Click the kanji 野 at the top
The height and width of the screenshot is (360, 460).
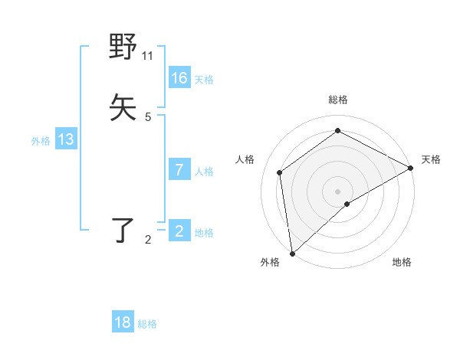(123, 48)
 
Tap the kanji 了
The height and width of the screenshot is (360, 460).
(123, 231)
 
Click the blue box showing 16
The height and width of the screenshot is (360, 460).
(179, 78)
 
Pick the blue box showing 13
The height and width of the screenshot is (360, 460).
(66, 139)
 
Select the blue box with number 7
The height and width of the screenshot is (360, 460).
(179, 170)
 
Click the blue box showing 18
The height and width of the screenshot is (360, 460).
(123, 322)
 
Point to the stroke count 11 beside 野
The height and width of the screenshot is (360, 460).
(148, 56)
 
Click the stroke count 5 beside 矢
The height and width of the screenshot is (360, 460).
(148, 117)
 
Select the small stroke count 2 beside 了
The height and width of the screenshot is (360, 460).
(148, 240)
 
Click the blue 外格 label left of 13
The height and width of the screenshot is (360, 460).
(41, 141)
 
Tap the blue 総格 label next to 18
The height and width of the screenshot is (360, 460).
(147, 324)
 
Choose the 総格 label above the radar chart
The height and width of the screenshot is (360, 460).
(337, 100)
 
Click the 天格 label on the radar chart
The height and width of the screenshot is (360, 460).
(431, 159)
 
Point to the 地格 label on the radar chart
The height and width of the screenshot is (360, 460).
(402, 262)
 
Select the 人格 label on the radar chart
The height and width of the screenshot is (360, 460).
(245, 159)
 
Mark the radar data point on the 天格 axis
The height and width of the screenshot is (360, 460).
(411, 168)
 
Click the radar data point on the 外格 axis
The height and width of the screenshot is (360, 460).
(292, 253)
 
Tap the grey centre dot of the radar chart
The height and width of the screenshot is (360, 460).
(337, 191)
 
